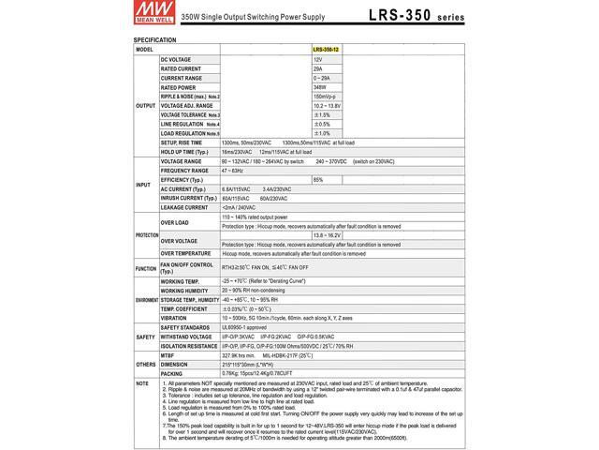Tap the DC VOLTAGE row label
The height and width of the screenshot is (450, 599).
click(175, 59)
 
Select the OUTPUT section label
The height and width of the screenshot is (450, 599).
click(146, 105)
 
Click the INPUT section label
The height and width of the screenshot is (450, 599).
click(144, 185)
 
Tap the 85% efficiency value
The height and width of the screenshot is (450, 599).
click(318, 180)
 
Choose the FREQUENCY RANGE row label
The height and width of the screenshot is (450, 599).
click(183, 171)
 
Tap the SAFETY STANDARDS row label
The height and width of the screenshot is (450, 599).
click(183, 326)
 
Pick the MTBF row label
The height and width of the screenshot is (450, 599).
click(169, 354)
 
